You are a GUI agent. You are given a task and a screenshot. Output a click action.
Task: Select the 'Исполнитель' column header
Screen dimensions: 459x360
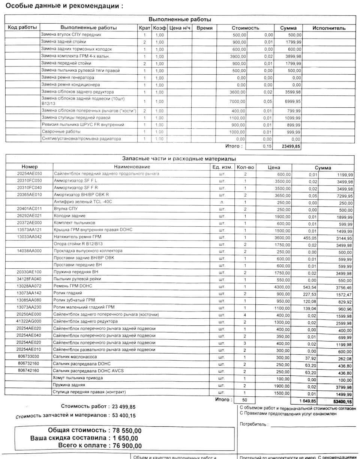pos(329,28)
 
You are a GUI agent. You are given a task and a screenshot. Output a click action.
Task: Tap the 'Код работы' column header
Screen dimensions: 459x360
pos(22,28)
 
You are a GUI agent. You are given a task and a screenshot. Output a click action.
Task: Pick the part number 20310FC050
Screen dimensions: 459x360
pos(30,181)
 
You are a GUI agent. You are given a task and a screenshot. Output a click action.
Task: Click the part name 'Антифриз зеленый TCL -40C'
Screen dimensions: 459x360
pos(83,202)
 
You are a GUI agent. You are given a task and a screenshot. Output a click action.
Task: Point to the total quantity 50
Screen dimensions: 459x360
pos(244,400)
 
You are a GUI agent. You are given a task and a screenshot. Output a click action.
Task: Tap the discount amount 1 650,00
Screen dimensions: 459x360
pos(124,438)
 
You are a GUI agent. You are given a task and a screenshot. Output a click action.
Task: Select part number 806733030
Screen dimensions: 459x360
pos(28,357)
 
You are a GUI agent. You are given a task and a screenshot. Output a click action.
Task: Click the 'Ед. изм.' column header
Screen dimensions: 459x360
pos(222,167)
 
